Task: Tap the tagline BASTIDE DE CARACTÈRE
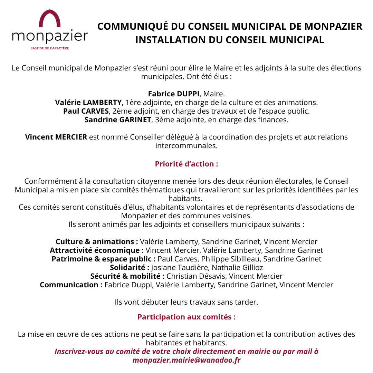(50, 48)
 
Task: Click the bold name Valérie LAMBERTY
(88, 102)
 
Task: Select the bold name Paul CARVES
(86, 111)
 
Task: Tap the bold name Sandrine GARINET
(118, 120)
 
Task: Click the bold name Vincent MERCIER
(56, 137)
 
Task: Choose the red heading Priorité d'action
(186, 164)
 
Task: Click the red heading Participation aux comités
(186, 317)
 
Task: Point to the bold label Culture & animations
(97, 242)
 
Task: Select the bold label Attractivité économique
(97, 250)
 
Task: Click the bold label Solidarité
(130, 268)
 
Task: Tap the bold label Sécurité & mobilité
(127, 276)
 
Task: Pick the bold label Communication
(71, 285)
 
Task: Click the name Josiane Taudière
(180, 268)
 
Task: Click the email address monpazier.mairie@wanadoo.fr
(186, 360)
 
